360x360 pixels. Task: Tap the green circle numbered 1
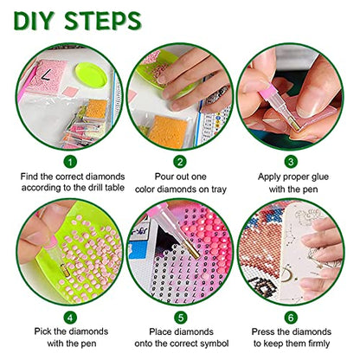click(x=70, y=162)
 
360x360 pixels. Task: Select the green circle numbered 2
click(x=180, y=162)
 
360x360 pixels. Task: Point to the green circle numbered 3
click(x=291, y=162)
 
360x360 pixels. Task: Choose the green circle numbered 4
click(x=70, y=318)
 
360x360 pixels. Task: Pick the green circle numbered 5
click(x=181, y=318)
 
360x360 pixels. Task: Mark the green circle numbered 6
click(x=291, y=318)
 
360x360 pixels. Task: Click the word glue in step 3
click(x=318, y=177)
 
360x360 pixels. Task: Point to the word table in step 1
click(x=114, y=188)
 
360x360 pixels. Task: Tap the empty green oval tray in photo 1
click(x=91, y=75)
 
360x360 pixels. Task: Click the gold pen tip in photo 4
click(x=63, y=270)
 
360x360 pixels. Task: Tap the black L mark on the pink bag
click(x=46, y=74)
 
